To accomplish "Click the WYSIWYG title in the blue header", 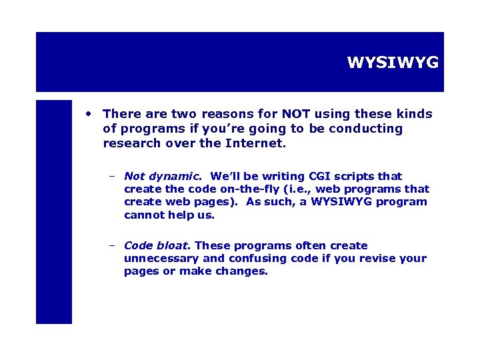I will [x=393, y=63].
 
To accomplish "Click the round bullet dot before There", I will [x=88, y=114].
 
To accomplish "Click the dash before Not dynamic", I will [x=113, y=177].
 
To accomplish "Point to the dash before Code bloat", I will [x=113, y=246].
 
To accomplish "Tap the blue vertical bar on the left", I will [x=53, y=211].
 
